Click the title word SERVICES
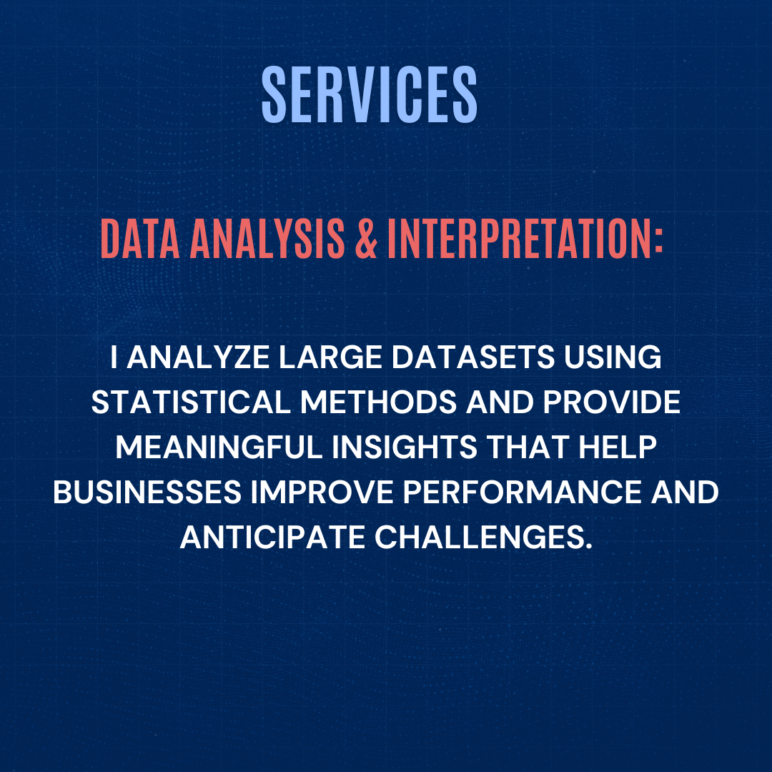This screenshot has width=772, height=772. [370, 94]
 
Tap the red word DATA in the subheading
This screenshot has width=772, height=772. [140, 239]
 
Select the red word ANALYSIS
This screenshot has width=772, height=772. [267, 239]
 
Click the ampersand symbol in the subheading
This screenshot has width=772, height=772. [366, 239]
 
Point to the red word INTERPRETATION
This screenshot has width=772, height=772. [520, 239]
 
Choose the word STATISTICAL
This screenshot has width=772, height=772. [191, 402]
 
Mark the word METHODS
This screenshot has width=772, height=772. [379, 402]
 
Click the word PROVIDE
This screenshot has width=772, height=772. [611, 402]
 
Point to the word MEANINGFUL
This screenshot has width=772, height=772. [219, 447]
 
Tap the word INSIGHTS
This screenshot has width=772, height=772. [404, 447]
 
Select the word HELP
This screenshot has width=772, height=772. [618, 447]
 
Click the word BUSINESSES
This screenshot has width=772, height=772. [147, 492]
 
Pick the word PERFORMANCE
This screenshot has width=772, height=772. [523, 492]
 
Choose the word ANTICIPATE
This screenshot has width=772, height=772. [272, 537]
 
